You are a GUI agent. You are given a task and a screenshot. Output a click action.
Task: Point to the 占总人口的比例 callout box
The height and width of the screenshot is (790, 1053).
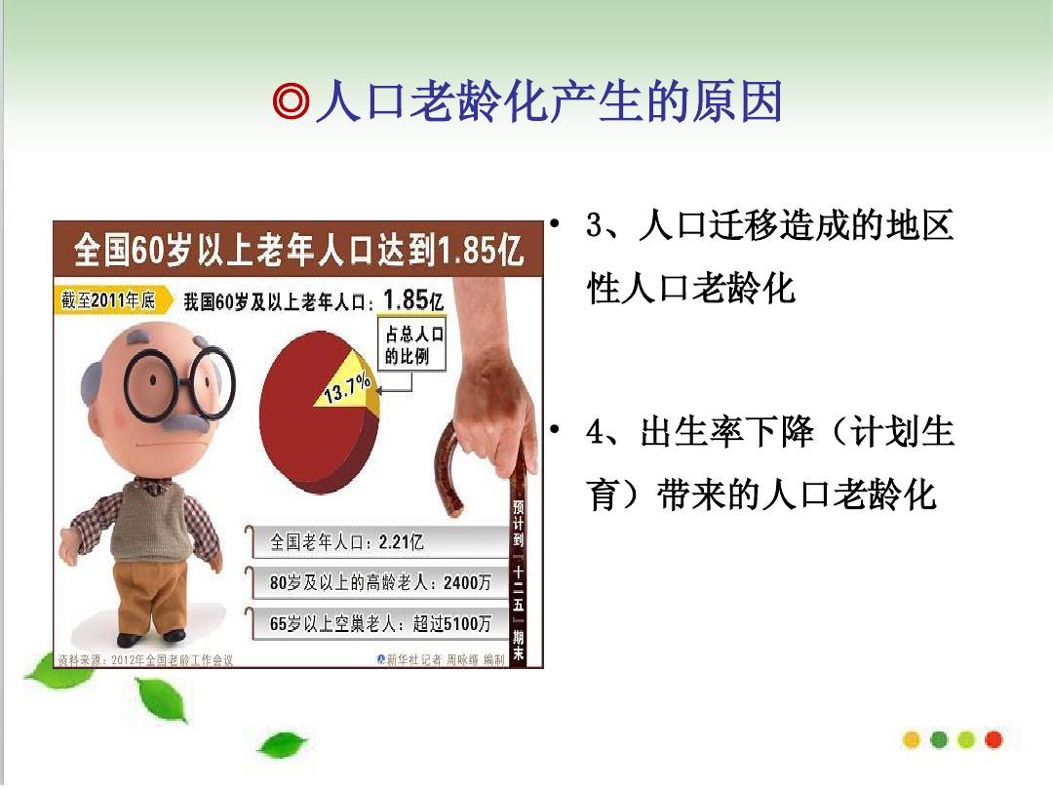coord(412,344)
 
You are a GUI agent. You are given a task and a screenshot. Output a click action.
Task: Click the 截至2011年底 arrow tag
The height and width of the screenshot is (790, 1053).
coord(110,300)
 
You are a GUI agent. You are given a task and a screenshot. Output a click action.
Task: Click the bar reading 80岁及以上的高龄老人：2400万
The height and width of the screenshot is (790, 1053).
coord(380,582)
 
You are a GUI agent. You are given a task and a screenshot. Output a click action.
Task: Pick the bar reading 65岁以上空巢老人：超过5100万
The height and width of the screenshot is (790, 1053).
coord(380,623)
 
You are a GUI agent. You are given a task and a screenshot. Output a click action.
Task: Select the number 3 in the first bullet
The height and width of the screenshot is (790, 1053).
coord(596,227)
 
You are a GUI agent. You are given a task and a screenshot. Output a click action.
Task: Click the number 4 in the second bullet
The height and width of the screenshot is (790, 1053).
coord(596,432)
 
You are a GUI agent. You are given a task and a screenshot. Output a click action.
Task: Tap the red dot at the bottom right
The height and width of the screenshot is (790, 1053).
coord(994,739)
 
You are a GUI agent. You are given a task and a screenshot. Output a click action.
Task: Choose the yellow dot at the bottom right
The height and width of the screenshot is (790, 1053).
coord(913,739)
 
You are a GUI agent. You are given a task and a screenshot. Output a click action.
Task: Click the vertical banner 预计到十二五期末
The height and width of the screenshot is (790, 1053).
coord(519,580)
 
